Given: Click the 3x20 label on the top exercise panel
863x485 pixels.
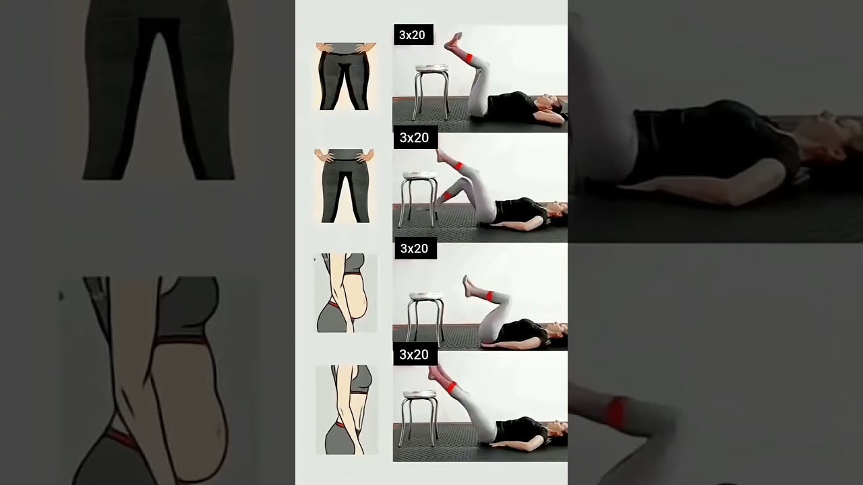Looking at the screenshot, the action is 413,34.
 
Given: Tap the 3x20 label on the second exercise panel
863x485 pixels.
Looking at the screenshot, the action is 415,137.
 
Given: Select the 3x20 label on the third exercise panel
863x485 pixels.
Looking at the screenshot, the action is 415,249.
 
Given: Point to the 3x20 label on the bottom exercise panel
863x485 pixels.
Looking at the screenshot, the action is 415,354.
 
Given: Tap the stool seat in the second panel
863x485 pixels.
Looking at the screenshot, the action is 419,176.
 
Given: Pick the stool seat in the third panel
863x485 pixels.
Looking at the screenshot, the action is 427,296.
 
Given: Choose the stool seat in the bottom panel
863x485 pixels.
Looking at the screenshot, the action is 420,394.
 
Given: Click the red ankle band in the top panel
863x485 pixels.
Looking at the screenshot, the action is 469,58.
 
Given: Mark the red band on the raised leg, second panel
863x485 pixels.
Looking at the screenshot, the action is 459,166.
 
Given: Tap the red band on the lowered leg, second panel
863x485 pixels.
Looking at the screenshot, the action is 447,196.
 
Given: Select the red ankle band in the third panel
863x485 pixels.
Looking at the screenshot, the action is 490,296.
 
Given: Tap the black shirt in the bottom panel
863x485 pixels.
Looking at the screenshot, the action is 520,430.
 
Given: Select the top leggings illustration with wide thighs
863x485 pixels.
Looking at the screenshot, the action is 346,76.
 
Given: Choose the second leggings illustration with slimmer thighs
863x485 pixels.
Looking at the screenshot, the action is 344,186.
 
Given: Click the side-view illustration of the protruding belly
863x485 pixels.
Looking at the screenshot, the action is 346,293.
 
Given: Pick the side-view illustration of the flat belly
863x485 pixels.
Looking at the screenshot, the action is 347,410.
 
